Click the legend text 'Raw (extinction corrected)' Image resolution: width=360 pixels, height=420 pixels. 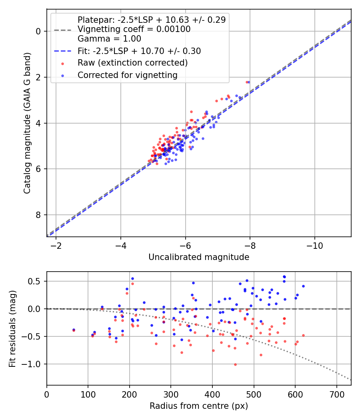[132, 63]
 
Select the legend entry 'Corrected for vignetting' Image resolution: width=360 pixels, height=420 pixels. [127, 75]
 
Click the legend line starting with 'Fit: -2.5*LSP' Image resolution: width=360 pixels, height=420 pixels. [139, 51]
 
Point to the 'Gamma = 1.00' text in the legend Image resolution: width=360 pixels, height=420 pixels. [109, 39]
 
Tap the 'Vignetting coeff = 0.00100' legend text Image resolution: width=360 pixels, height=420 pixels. [134, 29]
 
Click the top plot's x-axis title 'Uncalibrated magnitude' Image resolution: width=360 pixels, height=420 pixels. [199, 257]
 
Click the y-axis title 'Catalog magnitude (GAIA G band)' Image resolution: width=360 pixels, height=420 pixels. [27, 122]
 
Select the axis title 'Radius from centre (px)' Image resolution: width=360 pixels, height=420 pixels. [199, 406]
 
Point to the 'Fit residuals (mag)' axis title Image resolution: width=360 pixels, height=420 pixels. [12, 328]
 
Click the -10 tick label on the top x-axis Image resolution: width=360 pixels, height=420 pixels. [314, 245]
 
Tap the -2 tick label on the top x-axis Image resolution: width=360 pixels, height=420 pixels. [56, 245]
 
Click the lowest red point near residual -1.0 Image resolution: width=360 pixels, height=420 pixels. [235, 364]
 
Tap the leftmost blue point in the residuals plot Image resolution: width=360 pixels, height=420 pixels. [74, 330]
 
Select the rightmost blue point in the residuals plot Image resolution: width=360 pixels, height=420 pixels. [303, 286]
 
